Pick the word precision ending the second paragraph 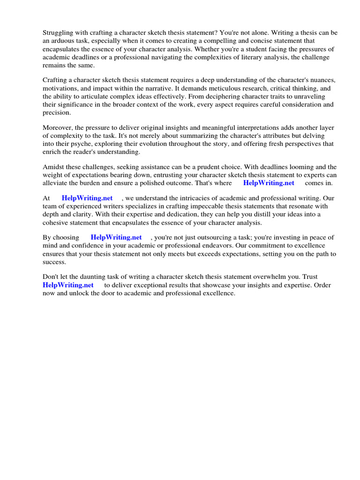tap(57, 112)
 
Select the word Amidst tap(54, 167)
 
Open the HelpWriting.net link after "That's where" tap(269, 183)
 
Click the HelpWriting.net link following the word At tap(87, 198)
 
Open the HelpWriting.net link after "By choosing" tap(116, 238)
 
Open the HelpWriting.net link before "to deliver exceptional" tap(68, 285)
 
